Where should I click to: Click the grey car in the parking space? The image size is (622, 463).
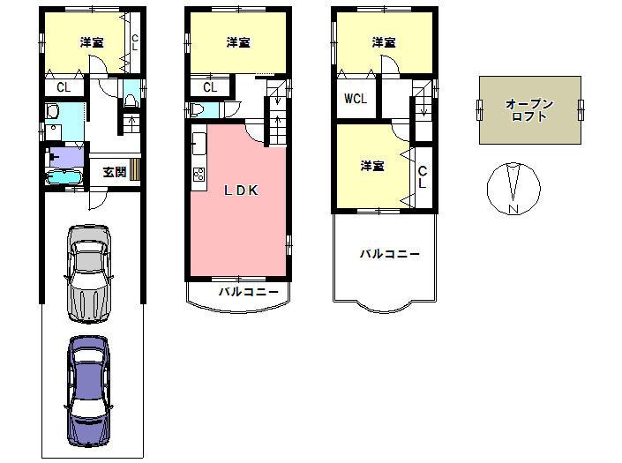pos(89,274)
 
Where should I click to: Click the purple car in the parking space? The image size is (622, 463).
pos(88,392)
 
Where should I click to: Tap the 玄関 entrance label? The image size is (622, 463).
pos(114,172)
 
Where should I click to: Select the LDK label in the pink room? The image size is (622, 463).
pos(241,190)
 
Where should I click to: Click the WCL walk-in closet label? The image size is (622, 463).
pos(356,99)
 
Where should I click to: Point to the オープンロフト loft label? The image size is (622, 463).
pos(529,110)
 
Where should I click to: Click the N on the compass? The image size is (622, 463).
pos(514,209)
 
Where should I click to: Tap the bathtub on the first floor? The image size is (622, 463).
pos(64,177)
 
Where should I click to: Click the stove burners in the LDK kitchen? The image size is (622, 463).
pos(199,175)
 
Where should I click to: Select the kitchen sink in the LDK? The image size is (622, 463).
pos(199,144)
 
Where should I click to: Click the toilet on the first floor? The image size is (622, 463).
pos(130,100)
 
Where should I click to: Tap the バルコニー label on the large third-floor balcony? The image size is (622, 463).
pos(390,254)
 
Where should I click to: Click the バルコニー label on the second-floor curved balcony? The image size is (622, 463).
pos(249,292)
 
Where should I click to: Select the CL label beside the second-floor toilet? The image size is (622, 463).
pos(210,87)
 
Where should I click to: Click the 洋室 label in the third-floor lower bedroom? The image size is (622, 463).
pos(372,166)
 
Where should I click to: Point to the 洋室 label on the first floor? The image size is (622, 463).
pos(92,42)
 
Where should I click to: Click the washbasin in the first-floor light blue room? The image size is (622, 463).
pos(52,111)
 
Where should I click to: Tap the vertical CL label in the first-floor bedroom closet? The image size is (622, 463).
pos(135,42)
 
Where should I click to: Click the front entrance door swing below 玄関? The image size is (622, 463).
pos(98,200)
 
